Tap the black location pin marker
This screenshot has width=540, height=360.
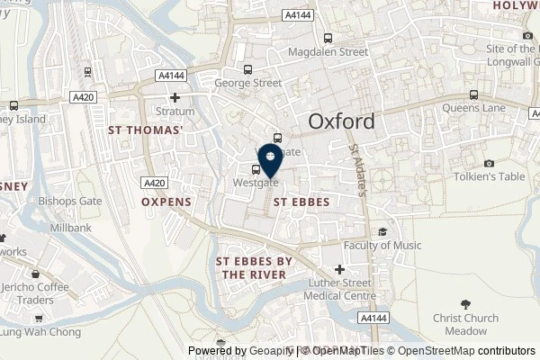[x=269, y=161]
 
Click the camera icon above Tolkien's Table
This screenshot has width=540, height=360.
[x=489, y=163]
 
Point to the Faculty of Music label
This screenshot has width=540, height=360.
[x=382, y=245]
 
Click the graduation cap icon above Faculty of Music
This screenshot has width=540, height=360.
[x=382, y=231]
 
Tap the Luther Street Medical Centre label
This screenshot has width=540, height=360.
[x=339, y=290]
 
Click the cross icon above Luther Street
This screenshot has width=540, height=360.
[x=339, y=269]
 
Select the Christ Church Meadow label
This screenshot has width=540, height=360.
[x=464, y=325]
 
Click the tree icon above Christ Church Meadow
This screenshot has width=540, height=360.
[x=464, y=304]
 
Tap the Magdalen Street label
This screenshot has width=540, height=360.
[x=328, y=52]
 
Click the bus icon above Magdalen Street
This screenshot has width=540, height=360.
[x=328, y=38]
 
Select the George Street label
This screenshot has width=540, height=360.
[x=248, y=82]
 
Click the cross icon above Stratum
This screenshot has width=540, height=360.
[x=175, y=97]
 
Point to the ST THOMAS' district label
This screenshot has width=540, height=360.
[x=145, y=130]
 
